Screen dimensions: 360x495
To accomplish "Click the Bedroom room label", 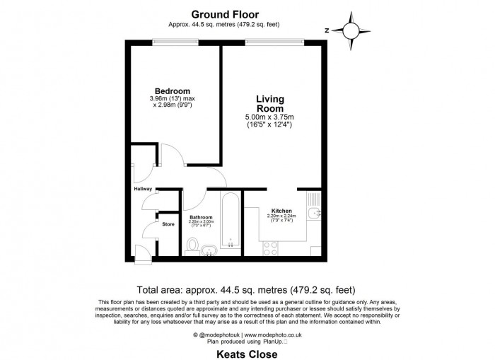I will pos(173,91).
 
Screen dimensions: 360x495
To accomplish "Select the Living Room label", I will pos(269,104).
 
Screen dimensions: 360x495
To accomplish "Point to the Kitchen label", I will pos(281,211).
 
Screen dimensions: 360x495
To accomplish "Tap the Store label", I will pos(168,224).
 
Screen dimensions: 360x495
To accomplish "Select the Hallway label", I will pos(143,190).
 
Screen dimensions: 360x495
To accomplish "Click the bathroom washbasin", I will pos(210,249).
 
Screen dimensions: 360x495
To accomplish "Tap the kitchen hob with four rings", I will pos(270,248).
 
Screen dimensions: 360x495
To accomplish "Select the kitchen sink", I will pos(315,211).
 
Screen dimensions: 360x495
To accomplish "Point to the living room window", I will pos(275,41).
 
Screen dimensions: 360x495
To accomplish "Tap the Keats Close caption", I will pos(247,354).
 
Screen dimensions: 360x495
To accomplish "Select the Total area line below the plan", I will pos(247,290).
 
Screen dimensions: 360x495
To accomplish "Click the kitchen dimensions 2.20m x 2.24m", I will pos(281,217).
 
